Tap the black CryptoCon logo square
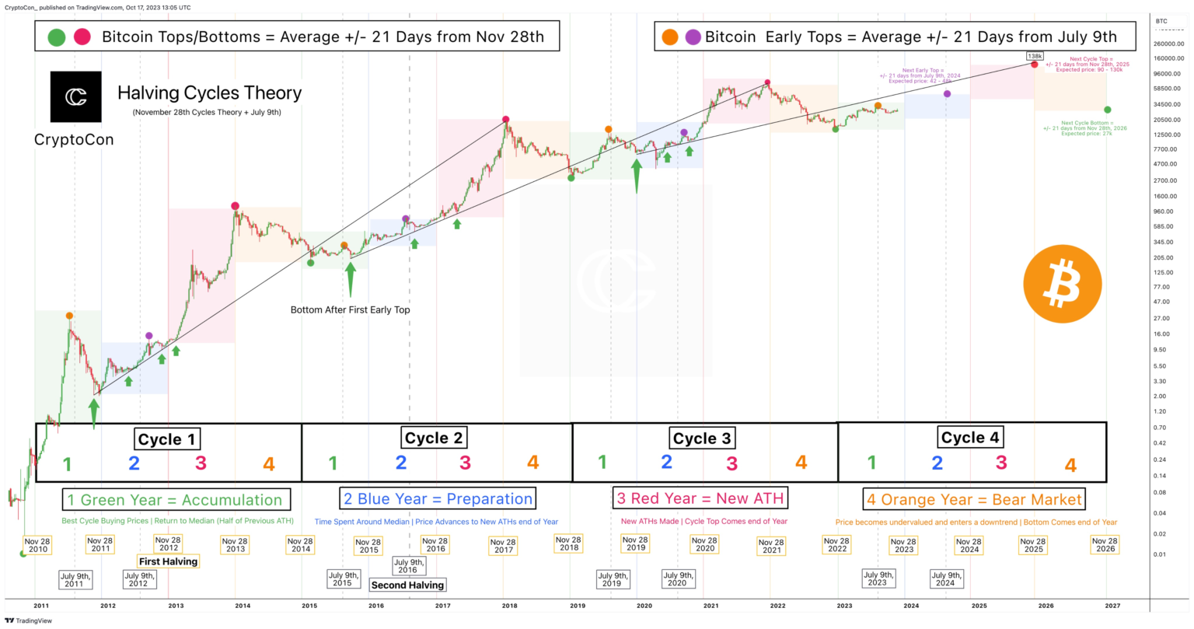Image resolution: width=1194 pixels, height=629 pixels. [75, 97]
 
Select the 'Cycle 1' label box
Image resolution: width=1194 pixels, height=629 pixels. [166, 439]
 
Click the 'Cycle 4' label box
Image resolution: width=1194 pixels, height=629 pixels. [969, 438]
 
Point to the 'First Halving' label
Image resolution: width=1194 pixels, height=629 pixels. [168, 561]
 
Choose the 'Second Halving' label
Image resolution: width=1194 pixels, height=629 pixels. [407, 585]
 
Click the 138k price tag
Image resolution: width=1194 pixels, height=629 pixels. [1035, 57]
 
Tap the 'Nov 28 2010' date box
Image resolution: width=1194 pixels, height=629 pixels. [37, 545]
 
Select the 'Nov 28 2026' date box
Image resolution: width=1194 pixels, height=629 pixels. [1105, 544]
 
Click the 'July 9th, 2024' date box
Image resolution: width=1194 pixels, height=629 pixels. [945, 579]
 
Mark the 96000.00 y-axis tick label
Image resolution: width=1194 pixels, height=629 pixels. [1165, 74]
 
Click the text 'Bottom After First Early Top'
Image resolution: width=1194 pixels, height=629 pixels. [350, 310]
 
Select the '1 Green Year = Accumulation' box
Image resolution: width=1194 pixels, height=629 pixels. [176, 500]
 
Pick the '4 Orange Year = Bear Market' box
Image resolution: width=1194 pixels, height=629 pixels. [974, 499]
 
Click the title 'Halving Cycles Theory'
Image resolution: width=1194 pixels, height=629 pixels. [209, 93]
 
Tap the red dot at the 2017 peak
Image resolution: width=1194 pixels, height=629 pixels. [505, 119]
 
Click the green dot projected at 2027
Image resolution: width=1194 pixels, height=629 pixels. [1107, 110]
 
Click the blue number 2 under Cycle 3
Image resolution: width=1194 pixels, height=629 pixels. [666, 462]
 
